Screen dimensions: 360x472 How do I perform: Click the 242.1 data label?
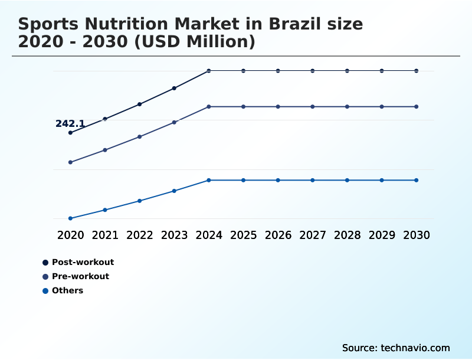pos(70,124)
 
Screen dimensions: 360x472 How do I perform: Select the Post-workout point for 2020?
pos(70,133)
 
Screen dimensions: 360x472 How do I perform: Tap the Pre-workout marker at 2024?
pos(209,107)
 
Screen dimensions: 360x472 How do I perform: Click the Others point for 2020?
pos(70,218)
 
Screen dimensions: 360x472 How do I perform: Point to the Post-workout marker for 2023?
pos(174,88)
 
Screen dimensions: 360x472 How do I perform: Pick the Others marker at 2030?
pos(417,180)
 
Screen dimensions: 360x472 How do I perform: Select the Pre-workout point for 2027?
pos(313,107)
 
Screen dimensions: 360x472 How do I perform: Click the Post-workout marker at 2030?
pos(417,71)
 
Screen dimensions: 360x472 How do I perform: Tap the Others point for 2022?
pos(140,201)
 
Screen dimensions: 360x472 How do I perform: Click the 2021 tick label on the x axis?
pos(105,235)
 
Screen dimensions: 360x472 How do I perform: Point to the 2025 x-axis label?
pos(243,235)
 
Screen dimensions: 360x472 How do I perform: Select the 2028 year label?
pos(347,235)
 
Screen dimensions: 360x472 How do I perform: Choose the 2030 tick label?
pos(417,235)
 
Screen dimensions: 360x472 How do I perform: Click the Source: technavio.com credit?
pos(396,348)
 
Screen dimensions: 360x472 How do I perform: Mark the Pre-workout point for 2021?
pos(105,150)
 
